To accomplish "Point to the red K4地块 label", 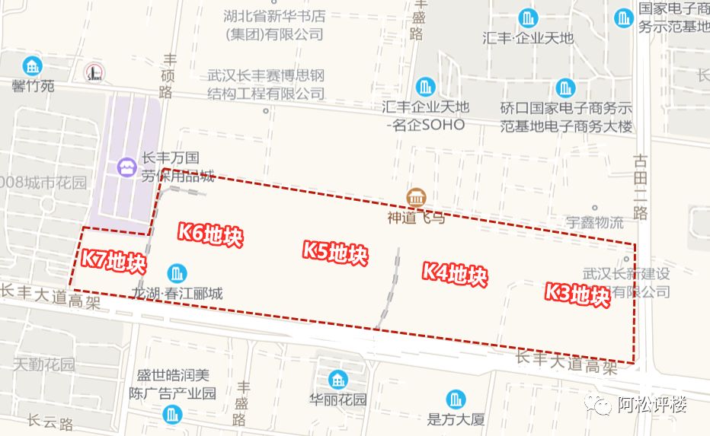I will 454,274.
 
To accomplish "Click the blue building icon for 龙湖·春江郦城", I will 177,272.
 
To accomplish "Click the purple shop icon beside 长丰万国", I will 125,166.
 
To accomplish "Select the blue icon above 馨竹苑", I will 33,65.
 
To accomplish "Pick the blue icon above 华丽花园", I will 338,379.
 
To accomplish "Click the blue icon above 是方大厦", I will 456,398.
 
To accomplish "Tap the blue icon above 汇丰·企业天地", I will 527,17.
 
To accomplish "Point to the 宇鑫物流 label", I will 594,222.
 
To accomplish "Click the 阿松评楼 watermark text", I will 651,405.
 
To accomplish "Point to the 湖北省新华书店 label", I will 275,15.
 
